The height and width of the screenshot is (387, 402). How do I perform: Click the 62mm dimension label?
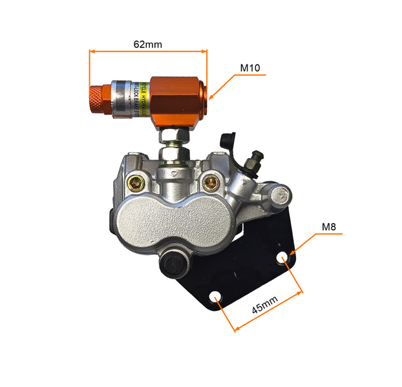(147, 45)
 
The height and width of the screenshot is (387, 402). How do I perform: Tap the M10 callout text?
(250, 68)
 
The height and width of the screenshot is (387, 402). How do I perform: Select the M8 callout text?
(330, 227)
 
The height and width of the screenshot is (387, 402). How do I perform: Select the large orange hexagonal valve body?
(176, 98)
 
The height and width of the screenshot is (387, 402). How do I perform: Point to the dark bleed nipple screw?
(257, 157)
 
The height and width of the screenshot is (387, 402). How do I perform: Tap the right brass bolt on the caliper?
(211, 184)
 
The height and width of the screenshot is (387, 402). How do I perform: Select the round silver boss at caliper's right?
(280, 193)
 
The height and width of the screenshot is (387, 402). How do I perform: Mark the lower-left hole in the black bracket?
(216, 297)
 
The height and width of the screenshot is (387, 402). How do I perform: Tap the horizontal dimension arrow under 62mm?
(147, 52)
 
